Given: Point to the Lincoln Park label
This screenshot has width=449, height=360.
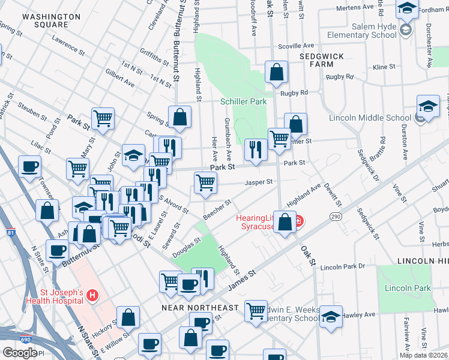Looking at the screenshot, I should (408, 288).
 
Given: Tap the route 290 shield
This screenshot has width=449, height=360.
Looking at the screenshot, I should (335, 215).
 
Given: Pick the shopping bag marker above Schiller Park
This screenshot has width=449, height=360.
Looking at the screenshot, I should (276, 73).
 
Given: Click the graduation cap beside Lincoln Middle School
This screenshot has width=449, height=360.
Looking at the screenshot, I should (428, 106).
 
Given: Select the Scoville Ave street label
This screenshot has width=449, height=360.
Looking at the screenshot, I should (296, 46).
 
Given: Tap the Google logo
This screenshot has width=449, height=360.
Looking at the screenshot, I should (20, 352).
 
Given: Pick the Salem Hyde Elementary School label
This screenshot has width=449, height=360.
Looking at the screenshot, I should (367, 31).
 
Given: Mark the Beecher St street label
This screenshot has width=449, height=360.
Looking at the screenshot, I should (217, 208).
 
